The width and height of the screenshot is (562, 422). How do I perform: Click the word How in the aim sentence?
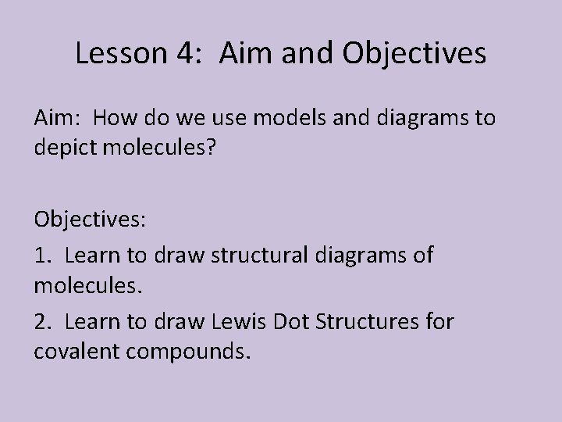point(115,119)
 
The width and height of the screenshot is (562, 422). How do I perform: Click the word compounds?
point(199,352)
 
